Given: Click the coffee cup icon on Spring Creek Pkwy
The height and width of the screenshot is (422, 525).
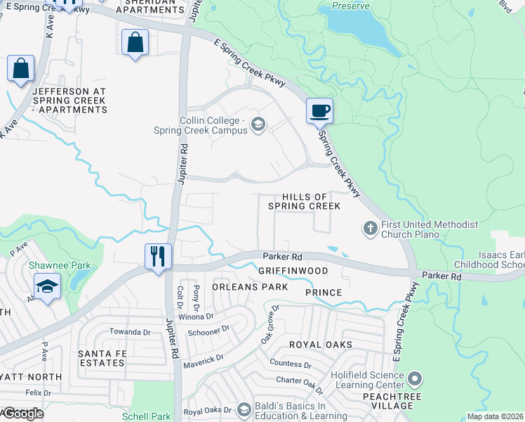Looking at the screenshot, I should [x=319, y=110].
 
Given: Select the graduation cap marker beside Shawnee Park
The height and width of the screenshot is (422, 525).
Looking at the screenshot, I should [x=47, y=286].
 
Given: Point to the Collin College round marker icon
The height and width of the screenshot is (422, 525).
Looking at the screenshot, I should [x=258, y=125].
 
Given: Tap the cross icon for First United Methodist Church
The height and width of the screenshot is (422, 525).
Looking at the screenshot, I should [x=370, y=228].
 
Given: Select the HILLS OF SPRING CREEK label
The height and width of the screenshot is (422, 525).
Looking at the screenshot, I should [x=305, y=201].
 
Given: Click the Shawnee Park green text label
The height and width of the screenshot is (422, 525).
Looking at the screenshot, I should [x=51, y=266].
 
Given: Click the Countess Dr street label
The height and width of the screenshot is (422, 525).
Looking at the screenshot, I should [x=291, y=364].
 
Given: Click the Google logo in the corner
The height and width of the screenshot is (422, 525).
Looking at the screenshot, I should [x=22, y=414].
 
